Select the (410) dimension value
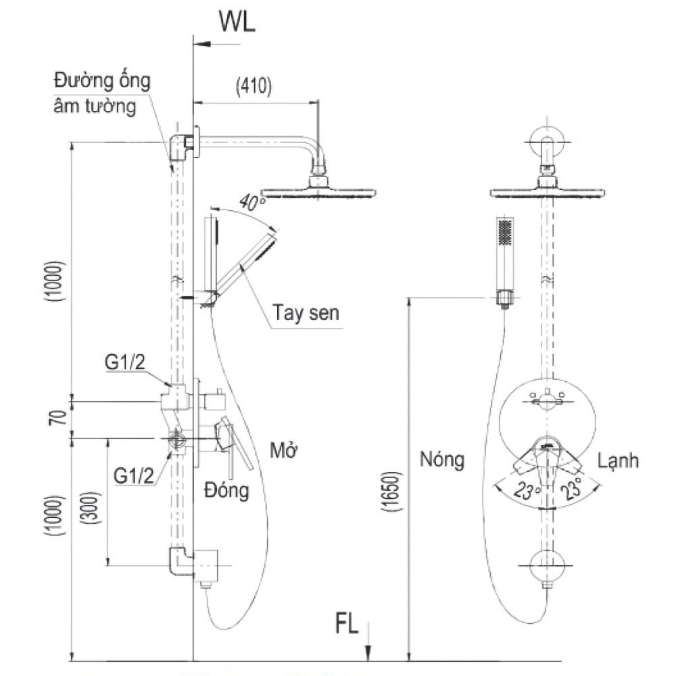254,86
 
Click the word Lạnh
618,461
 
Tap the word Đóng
226,491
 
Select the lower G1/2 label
131,475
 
